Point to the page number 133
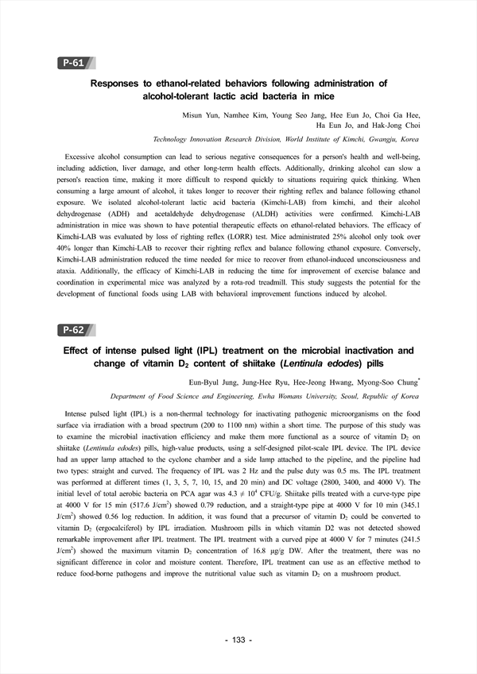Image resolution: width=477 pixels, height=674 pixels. pyautogui.click(x=238, y=639)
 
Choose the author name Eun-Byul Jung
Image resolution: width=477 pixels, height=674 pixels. pyautogui.click(x=237, y=382)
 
